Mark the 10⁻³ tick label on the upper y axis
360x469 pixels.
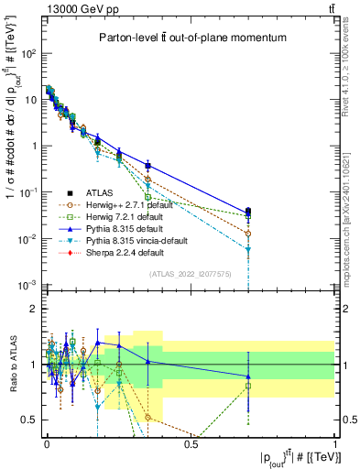[x=27, y=286]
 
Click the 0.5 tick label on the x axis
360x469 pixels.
[x=191, y=443]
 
